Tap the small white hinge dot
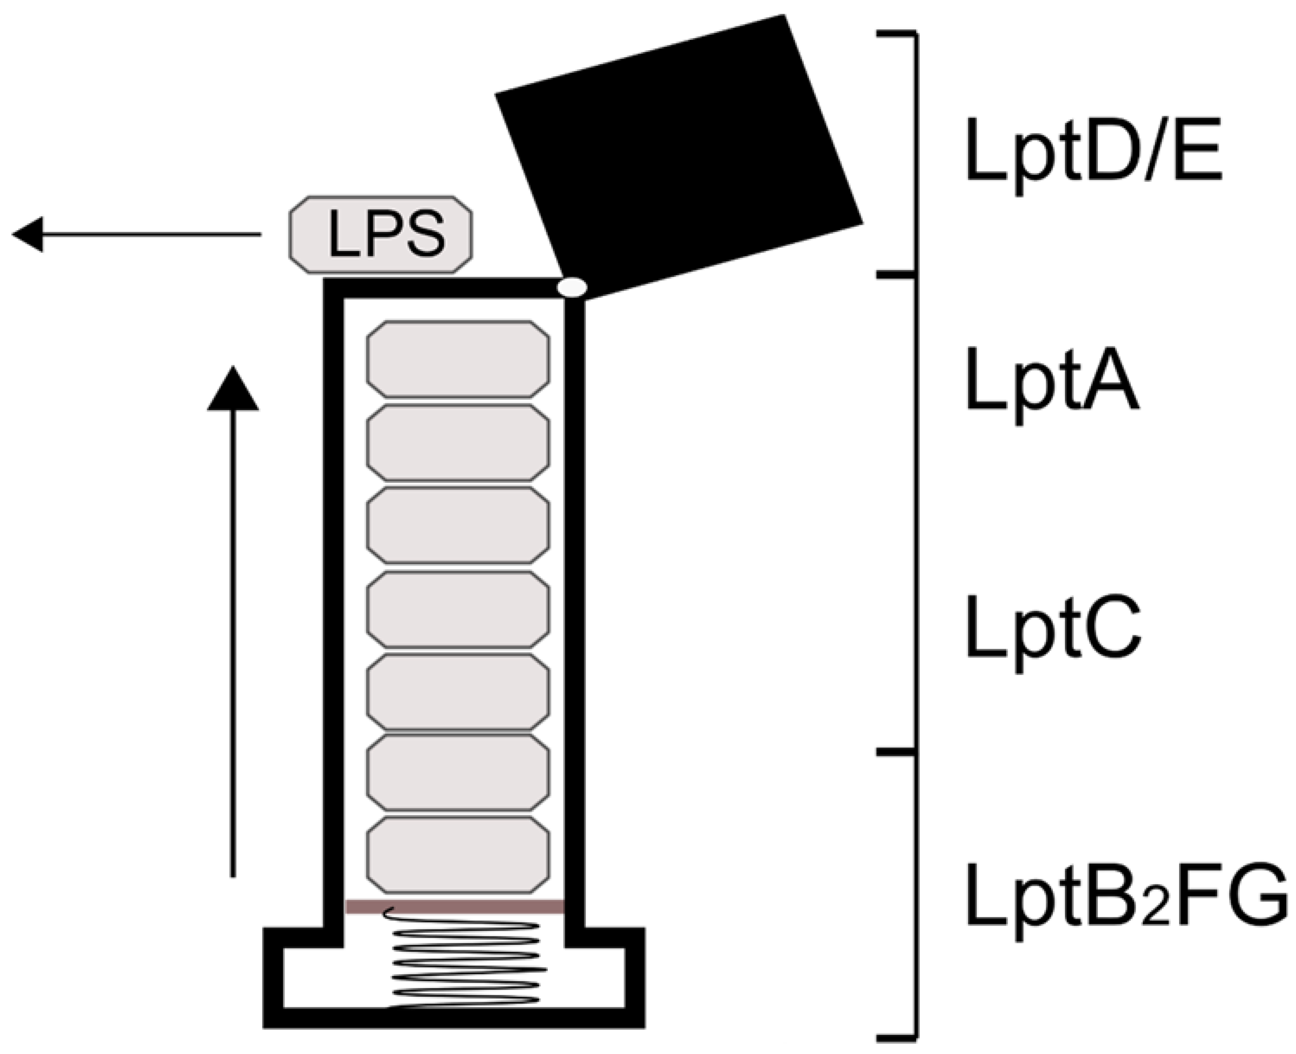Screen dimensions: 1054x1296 [x=573, y=287]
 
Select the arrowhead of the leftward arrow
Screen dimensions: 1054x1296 [x=27, y=234]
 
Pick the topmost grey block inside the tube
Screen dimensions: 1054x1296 [x=458, y=359]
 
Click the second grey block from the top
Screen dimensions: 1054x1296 [x=458, y=442]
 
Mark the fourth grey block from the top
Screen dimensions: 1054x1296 [x=458, y=609]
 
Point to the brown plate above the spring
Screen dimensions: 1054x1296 [x=455, y=907]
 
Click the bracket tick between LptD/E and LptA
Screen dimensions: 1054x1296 [x=896, y=275]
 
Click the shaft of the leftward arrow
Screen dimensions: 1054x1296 [x=152, y=234]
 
